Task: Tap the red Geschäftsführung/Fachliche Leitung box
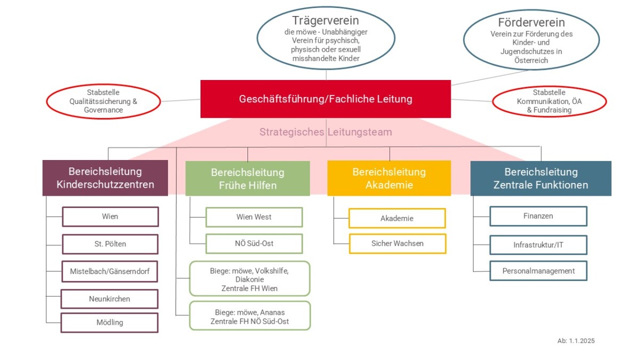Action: [x=325, y=99]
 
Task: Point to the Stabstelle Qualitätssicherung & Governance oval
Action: [x=103, y=101]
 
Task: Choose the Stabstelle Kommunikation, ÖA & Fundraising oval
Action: [x=549, y=101]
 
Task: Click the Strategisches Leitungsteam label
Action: [x=325, y=132]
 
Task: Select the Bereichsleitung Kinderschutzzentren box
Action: [x=105, y=178]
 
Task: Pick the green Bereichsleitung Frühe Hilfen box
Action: [x=247, y=179]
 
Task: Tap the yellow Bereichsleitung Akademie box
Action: [x=389, y=178]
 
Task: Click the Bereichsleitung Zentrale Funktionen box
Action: [x=541, y=178]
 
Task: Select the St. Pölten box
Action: [x=110, y=244]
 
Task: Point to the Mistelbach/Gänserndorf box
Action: [x=110, y=271]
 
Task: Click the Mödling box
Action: [x=110, y=322]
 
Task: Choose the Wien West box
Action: [x=254, y=217]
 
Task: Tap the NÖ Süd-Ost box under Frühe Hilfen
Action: [x=254, y=244]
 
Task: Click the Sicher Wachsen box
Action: [x=397, y=243]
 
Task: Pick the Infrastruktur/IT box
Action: [x=538, y=245]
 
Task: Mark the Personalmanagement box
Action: [x=538, y=271]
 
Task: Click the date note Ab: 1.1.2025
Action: [x=575, y=341]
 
